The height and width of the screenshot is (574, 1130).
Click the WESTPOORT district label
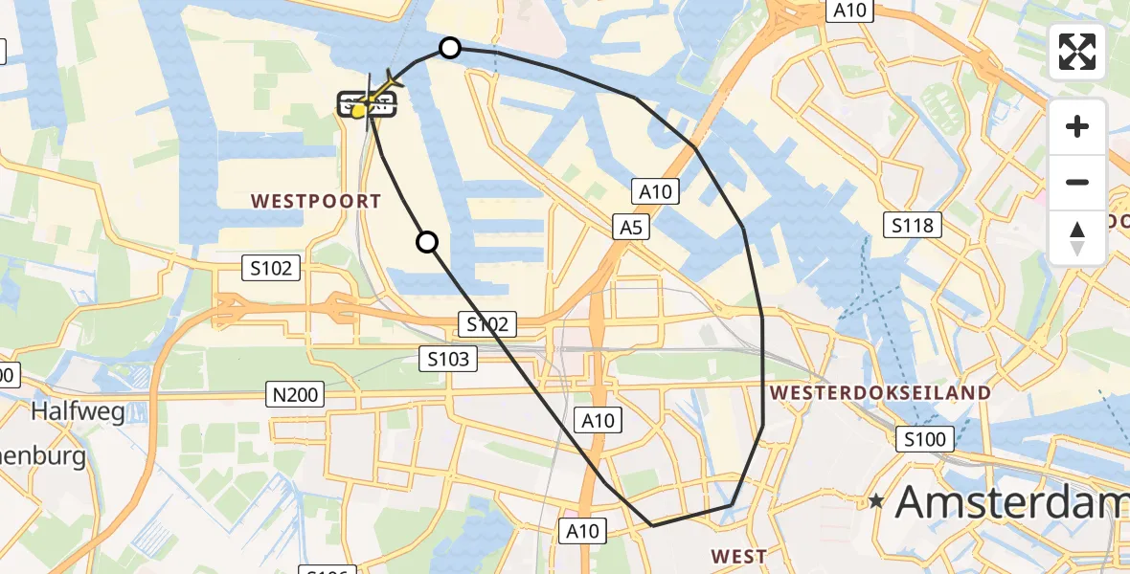pyautogui.click(x=315, y=201)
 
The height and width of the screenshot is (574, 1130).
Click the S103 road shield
pyautogui.click(x=448, y=359)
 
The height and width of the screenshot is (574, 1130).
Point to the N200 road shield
pyautogui.click(x=296, y=392)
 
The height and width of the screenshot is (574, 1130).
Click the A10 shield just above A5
pyautogui.click(x=656, y=191)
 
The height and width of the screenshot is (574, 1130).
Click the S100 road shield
pyautogui.click(x=925, y=440)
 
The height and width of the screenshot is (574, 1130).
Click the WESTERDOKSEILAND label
pyautogui.click(x=880, y=392)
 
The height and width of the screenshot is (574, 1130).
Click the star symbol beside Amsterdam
pyautogui.click(x=875, y=500)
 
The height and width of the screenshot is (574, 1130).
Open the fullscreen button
pyautogui.click(x=1077, y=52)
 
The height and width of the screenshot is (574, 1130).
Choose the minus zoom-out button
pyautogui.click(x=1077, y=182)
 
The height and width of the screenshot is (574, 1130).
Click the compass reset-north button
pyautogui.click(x=1077, y=237)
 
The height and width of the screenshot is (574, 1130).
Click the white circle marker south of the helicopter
pyautogui.click(x=427, y=243)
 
